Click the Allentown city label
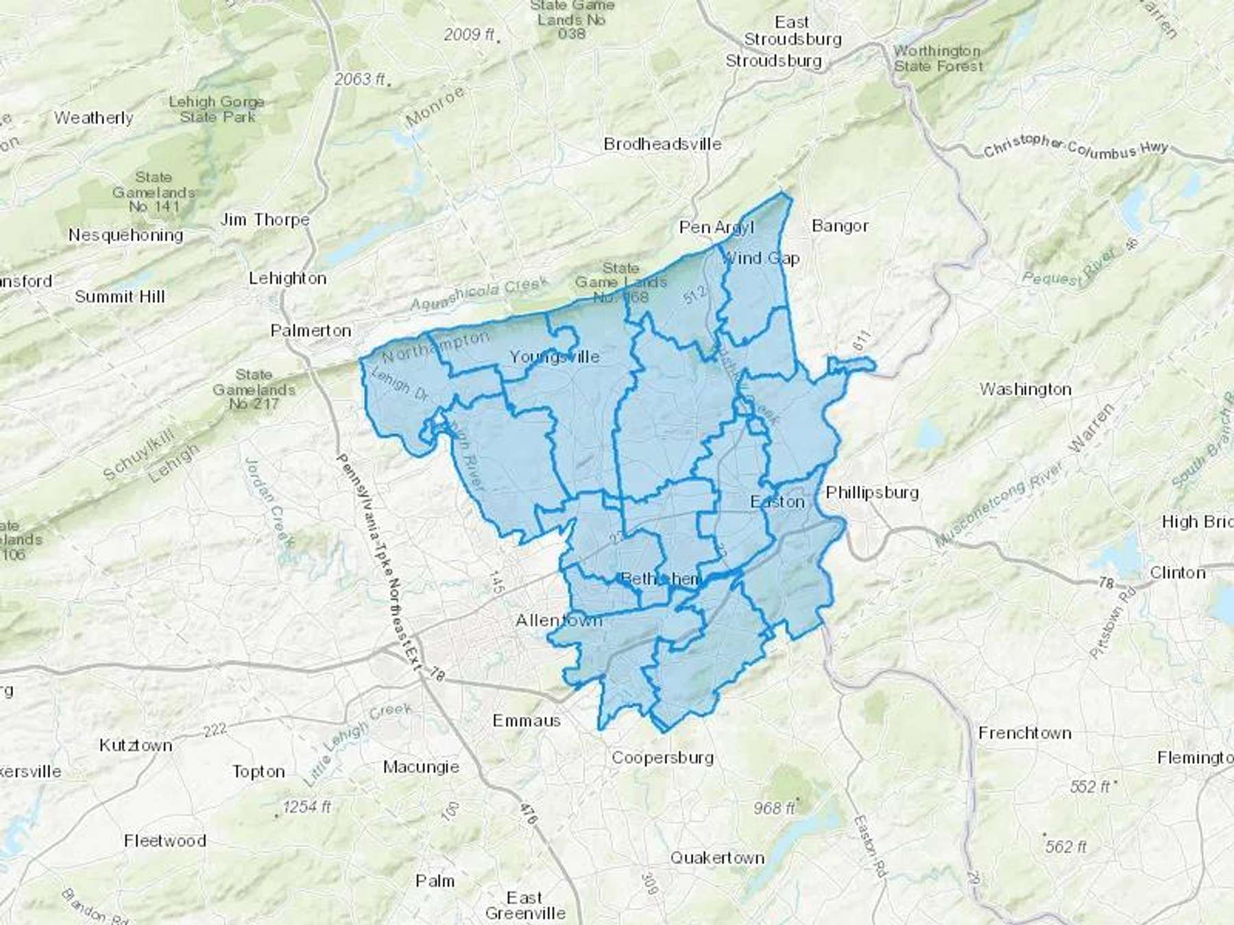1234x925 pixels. click(558, 621)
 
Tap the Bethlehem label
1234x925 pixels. click(660, 579)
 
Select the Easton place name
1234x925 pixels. click(777, 502)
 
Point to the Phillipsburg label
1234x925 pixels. click(872, 492)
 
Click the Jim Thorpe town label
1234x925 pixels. click(265, 220)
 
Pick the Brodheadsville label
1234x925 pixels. click(662, 145)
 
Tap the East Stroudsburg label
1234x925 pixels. click(793, 31)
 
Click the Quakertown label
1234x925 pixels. click(717, 858)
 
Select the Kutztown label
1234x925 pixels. click(136, 745)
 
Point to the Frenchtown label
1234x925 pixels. click(1024, 733)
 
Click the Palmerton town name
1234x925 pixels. click(311, 330)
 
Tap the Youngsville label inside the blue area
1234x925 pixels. click(554, 356)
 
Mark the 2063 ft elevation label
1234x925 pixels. click(359, 79)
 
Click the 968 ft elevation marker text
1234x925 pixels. click(774, 809)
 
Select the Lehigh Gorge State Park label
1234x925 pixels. click(217, 110)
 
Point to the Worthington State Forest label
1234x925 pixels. click(938, 59)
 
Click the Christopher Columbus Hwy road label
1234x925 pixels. click(1075, 147)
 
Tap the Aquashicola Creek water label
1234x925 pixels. click(479, 293)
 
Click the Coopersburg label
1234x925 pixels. click(662, 758)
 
